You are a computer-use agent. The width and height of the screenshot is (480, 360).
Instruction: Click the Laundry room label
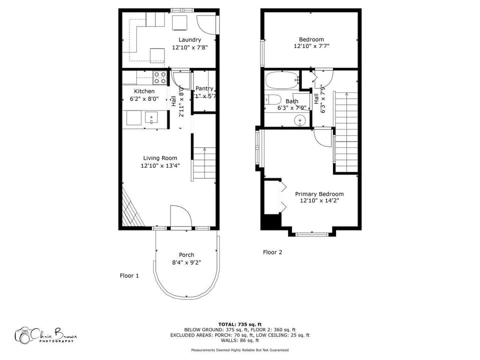point(189,39)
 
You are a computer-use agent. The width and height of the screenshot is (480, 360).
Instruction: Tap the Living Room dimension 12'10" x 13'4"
point(160,165)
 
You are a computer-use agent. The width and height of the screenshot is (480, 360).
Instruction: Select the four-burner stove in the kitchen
point(160,77)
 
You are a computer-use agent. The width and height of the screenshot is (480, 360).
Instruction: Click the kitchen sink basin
point(150,118)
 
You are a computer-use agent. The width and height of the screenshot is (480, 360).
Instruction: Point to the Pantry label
point(204,88)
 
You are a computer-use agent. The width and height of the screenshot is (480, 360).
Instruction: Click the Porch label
point(186,254)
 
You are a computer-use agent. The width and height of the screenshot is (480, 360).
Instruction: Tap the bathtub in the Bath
point(281,80)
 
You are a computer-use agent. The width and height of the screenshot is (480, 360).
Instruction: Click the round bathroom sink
point(300,120)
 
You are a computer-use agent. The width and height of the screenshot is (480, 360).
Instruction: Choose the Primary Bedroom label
point(319,194)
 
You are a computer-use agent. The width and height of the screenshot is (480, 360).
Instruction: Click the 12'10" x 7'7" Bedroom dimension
point(311,46)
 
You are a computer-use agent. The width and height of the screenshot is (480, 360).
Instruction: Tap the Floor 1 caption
point(129,275)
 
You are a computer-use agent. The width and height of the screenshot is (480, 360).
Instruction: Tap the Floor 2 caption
point(272,252)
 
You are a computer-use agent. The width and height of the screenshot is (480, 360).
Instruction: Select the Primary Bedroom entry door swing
point(322,137)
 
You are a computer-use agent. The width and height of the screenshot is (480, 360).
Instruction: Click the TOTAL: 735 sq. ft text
point(239,324)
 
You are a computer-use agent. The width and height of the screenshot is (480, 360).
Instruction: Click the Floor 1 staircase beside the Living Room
point(204,163)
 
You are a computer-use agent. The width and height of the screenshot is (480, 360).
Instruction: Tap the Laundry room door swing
point(206,24)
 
